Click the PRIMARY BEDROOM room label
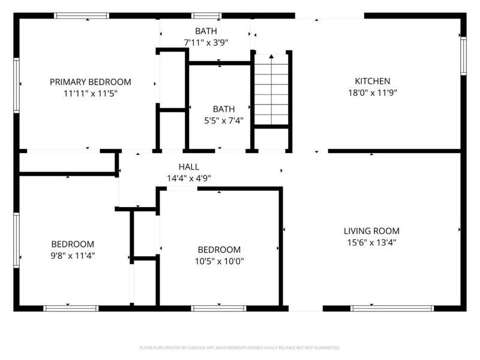(90, 82)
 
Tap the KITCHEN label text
(372, 81)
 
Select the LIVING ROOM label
(371, 230)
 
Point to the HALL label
(189, 167)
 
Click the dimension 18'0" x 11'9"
(372, 92)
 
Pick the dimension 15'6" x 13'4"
(371, 242)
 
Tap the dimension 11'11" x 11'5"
(90, 93)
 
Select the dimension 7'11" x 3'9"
(206, 42)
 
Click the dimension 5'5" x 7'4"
(223, 120)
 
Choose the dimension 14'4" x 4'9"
(189, 178)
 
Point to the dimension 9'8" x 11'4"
(73, 255)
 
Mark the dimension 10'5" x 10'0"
(219, 261)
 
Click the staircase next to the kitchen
(272, 90)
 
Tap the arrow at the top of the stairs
(272, 56)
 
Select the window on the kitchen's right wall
(463, 56)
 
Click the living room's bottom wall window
(392, 308)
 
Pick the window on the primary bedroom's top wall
(82, 16)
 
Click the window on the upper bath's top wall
(206, 16)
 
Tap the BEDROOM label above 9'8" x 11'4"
(73, 244)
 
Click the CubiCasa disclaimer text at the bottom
(240, 347)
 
